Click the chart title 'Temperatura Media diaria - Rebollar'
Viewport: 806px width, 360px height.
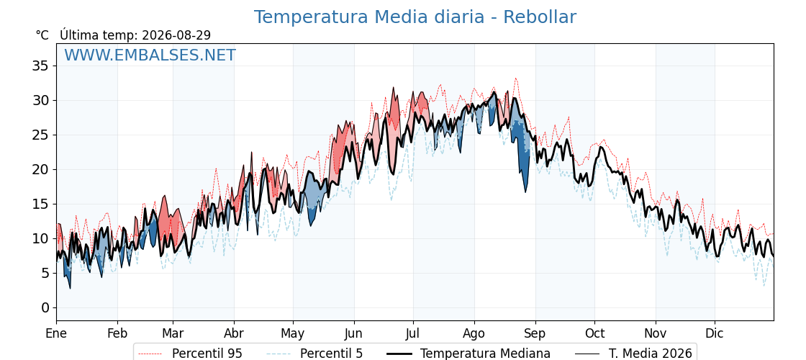point(415,17)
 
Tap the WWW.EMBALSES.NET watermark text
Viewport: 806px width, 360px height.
point(150,55)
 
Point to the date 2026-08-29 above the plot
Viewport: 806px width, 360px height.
point(176,35)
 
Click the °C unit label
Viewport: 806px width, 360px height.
point(42,35)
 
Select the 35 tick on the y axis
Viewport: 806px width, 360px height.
point(40,66)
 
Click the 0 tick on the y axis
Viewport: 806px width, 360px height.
point(45,307)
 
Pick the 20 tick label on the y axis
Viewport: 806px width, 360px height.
point(40,169)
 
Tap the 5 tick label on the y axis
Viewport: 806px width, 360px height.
point(45,273)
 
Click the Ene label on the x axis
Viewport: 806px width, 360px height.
point(56,333)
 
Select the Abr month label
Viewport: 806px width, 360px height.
point(234,333)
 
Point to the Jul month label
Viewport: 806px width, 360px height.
point(413,333)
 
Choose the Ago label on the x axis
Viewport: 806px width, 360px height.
point(474,334)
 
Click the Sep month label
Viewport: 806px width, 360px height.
point(535,334)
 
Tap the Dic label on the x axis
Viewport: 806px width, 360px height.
point(715,333)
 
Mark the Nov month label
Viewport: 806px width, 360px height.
point(656,333)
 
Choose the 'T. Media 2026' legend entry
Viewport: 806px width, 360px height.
point(633,354)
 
